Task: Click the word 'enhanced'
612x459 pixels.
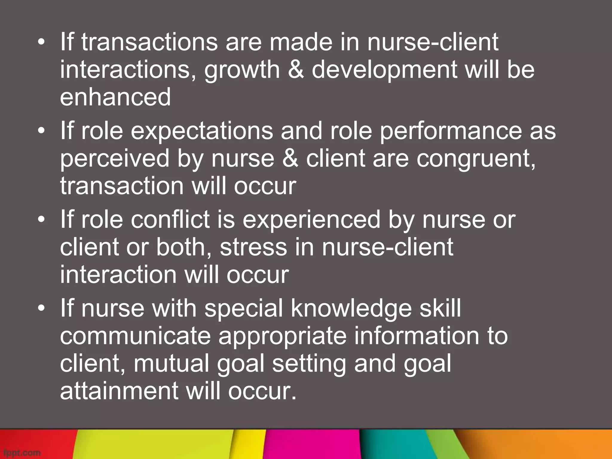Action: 115,97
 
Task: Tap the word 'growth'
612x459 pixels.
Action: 242,70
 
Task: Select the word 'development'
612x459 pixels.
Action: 384,70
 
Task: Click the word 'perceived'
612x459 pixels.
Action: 115,159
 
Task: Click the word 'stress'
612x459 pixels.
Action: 253,247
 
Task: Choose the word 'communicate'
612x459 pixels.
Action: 135,336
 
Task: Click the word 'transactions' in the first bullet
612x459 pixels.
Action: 149,42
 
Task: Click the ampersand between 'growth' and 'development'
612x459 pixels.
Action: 296,70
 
